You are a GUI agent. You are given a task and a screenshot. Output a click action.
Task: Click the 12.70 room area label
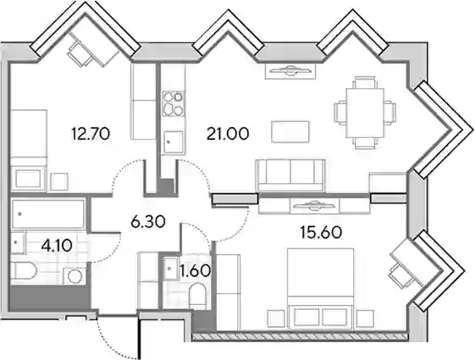pyautogui.click(x=91, y=134)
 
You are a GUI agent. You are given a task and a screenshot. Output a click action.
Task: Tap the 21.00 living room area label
pyautogui.click(x=228, y=134)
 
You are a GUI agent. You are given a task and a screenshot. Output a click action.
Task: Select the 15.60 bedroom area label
pyautogui.click(x=321, y=233)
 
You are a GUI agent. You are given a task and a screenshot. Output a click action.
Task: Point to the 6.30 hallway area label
pyautogui.click(x=148, y=222)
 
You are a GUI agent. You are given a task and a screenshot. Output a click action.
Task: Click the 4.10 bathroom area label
pyautogui.click(x=58, y=246)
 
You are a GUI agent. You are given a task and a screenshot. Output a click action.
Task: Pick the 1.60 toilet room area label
pyautogui.click(x=195, y=270)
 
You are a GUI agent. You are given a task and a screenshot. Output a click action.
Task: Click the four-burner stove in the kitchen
pyautogui.click(x=173, y=103)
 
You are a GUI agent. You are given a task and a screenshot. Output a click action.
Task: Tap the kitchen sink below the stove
pyautogui.click(x=173, y=142)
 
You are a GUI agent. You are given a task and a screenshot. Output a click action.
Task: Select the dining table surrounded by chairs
pyautogui.click(x=365, y=113)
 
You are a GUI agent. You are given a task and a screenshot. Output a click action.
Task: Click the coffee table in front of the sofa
pyautogui.click(x=290, y=131)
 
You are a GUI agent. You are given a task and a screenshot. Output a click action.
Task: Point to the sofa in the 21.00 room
pyautogui.click(x=290, y=175)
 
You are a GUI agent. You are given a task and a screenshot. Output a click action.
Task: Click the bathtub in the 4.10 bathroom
pyautogui.click(x=48, y=214)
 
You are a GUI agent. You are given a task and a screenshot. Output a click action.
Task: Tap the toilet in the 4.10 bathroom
pyautogui.click(x=24, y=271)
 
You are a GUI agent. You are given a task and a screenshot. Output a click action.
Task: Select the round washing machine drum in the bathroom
pyautogui.click(x=75, y=276)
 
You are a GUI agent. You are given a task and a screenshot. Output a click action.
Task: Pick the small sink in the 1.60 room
pyautogui.click(x=170, y=269)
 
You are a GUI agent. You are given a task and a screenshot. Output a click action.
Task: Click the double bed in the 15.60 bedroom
pyautogui.click(x=321, y=289)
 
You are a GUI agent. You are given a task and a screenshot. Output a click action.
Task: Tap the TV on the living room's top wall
pyautogui.click(x=290, y=71)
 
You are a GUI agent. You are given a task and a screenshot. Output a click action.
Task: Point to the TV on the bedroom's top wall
pyautogui.click(x=314, y=206)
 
